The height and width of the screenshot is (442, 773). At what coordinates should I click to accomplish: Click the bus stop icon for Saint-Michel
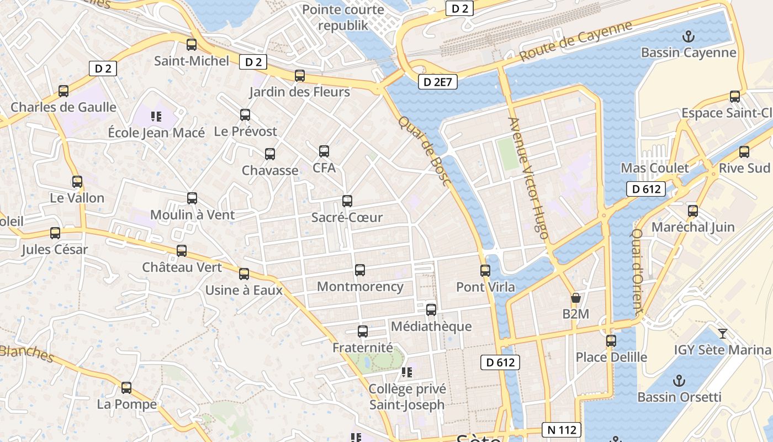(192, 45)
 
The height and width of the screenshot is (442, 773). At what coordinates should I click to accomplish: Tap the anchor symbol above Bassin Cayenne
(688, 37)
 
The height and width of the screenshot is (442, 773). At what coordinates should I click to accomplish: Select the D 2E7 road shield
(439, 82)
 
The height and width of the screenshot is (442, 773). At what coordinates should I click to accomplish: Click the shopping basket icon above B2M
(576, 298)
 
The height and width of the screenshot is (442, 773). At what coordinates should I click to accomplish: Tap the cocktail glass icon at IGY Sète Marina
(722, 333)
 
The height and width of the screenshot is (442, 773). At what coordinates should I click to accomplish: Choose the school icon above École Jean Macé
(156, 117)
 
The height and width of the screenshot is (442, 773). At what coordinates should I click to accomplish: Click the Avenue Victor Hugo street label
(528, 178)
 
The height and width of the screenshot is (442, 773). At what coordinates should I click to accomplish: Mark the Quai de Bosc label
(424, 150)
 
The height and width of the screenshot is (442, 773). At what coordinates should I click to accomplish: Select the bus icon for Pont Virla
(485, 271)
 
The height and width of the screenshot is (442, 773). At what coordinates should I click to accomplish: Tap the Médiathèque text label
(431, 327)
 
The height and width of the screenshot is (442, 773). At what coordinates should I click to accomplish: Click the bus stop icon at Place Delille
(611, 341)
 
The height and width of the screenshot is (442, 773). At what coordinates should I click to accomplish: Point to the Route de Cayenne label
(575, 41)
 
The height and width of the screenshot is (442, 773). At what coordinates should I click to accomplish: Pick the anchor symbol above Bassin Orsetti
(680, 381)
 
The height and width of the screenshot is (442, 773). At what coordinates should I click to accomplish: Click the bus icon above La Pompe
(126, 388)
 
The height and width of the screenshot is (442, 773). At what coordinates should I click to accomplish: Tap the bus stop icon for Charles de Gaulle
(63, 91)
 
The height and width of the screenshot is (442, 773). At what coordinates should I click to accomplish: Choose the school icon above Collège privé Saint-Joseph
(407, 373)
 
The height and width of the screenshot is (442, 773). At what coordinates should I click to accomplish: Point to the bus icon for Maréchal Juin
(693, 211)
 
